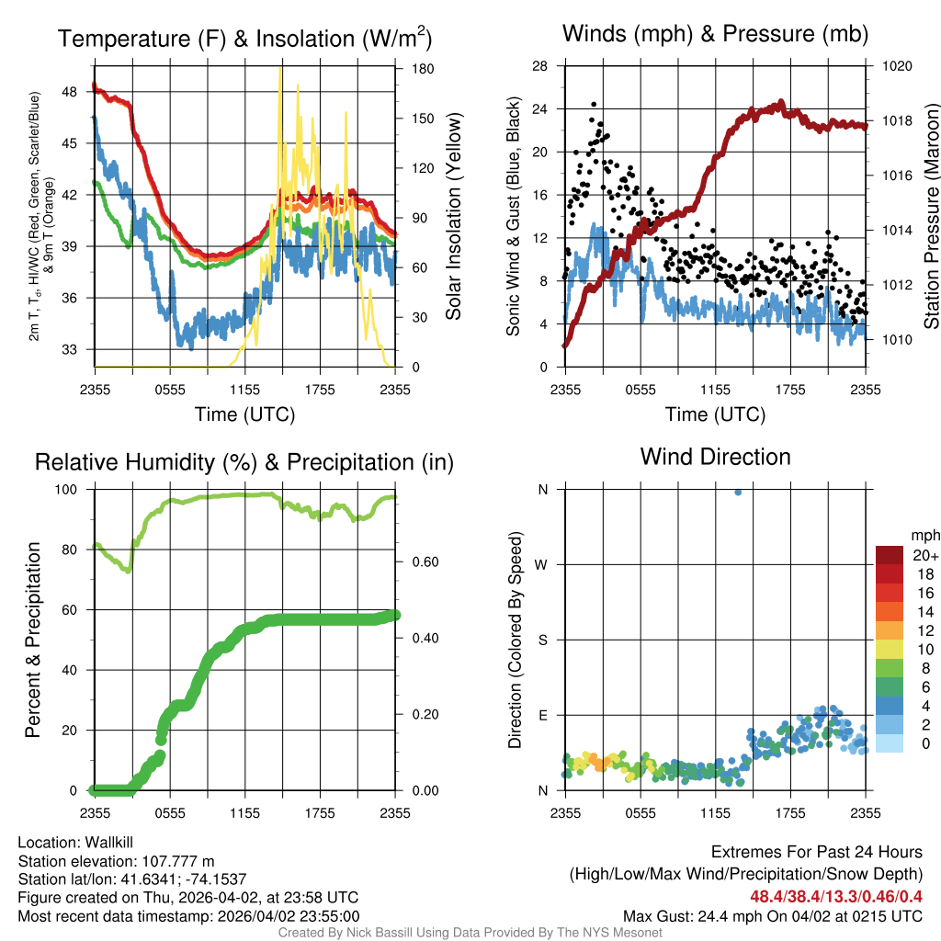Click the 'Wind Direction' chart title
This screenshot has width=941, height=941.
click(x=715, y=457)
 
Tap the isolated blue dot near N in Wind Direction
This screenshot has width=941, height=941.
click(x=738, y=493)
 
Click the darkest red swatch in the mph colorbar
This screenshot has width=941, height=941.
click(x=890, y=555)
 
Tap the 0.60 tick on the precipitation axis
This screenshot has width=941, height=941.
click(x=419, y=562)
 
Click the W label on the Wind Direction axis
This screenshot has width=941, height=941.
click(x=542, y=564)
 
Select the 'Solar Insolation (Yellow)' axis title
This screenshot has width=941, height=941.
click(x=453, y=216)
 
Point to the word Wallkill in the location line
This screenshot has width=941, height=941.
click(x=107, y=842)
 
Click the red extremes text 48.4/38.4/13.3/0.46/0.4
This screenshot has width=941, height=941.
click(x=836, y=896)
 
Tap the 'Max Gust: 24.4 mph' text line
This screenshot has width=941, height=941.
click(x=772, y=915)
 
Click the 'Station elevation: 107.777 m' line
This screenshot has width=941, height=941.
click(x=116, y=860)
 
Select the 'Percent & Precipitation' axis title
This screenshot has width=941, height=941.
click(x=32, y=639)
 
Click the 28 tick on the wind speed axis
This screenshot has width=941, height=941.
click(x=540, y=66)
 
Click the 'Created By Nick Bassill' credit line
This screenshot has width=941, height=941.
click(x=470, y=933)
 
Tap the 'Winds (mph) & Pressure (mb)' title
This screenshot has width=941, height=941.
click(x=715, y=34)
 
